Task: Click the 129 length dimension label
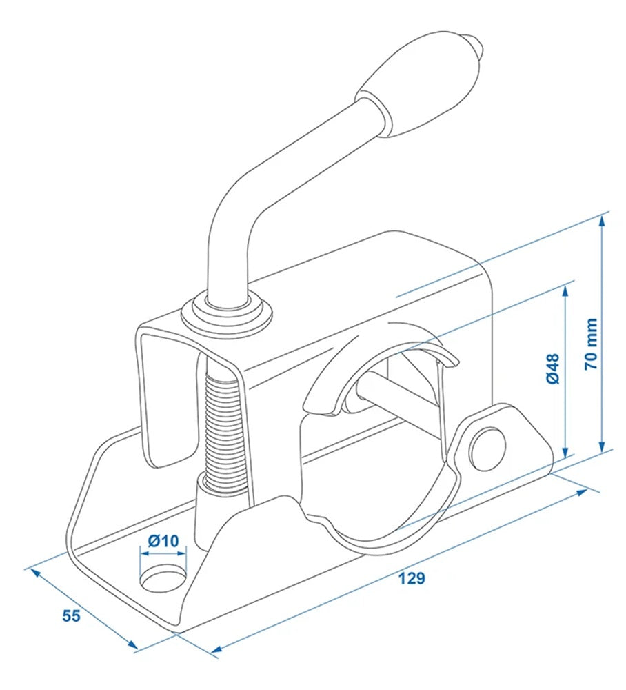[411, 578]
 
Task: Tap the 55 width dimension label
[72, 616]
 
